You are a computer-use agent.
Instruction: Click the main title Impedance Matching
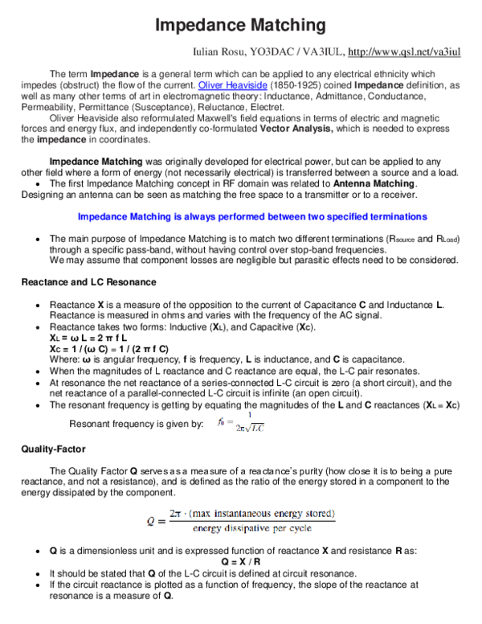tap(240, 26)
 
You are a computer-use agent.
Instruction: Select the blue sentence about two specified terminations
tap(251, 217)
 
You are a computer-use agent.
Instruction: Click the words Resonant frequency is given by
tap(137, 424)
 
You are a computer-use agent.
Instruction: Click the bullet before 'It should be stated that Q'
tap(39, 573)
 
